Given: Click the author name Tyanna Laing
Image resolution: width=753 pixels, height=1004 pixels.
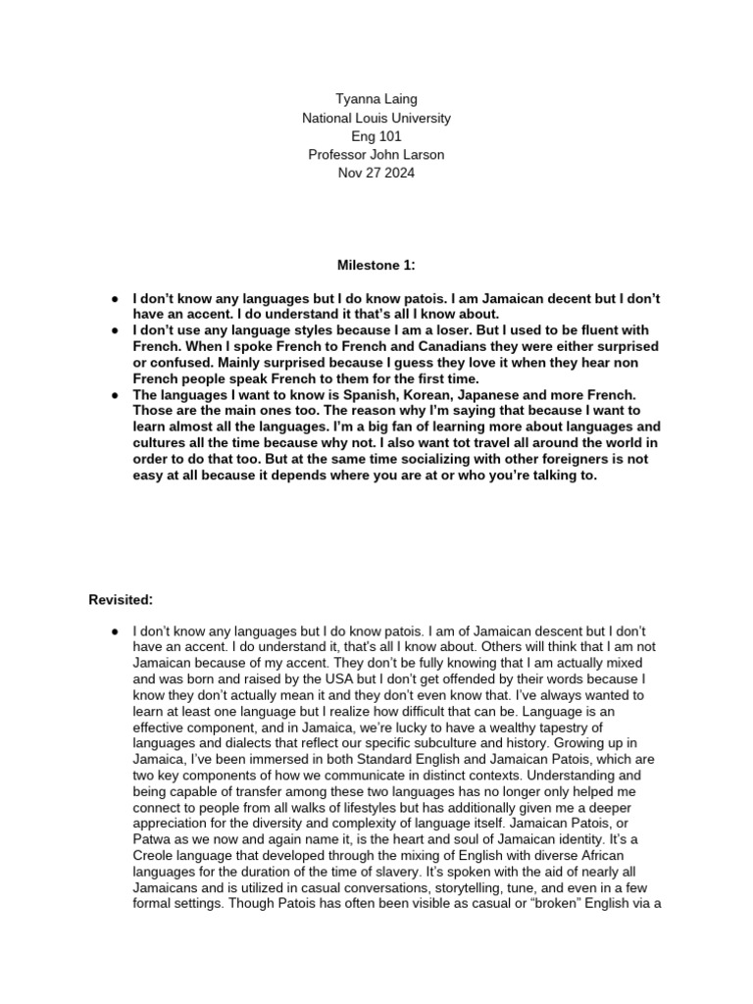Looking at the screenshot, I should [x=376, y=99].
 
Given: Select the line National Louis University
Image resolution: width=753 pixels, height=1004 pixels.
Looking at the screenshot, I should [x=376, y=118].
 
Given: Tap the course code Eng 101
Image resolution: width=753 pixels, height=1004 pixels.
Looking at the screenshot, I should [x=376, y=136].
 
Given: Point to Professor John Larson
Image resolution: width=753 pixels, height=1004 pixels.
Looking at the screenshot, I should [x=376, y=155].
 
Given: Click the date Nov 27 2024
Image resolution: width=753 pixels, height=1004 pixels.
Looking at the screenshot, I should [x=376, y=174].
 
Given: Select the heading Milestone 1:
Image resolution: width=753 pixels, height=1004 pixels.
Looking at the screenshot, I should [x=376, y=264].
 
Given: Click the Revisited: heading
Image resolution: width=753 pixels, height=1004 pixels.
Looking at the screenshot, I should [x=123, y=599].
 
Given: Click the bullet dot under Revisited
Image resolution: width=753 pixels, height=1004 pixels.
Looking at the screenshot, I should [x=115, y=629].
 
